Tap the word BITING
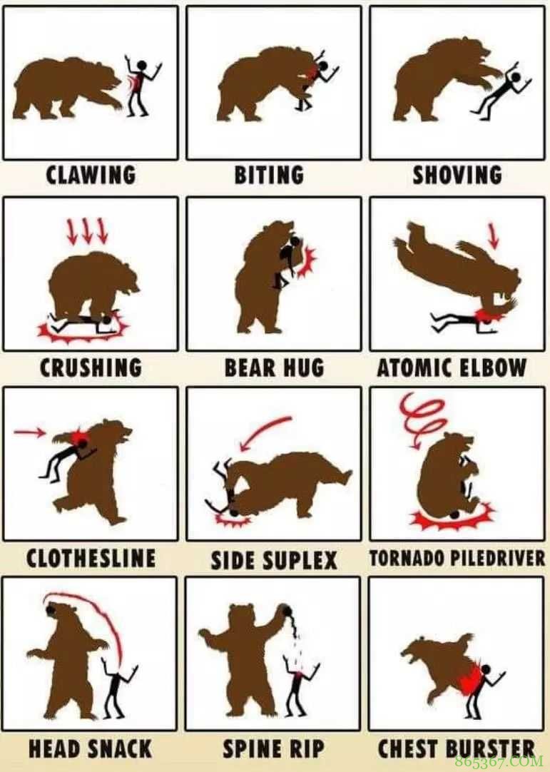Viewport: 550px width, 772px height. (269, 175)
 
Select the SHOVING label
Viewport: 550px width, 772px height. (457, 175)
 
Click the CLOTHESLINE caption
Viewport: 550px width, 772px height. (91, 559)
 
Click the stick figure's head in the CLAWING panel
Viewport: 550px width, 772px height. (141, 65)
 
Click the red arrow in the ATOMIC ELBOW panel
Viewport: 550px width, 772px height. (493, 236)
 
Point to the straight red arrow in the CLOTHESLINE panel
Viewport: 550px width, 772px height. (29, 432)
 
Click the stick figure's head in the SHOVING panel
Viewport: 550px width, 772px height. (516, 78)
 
